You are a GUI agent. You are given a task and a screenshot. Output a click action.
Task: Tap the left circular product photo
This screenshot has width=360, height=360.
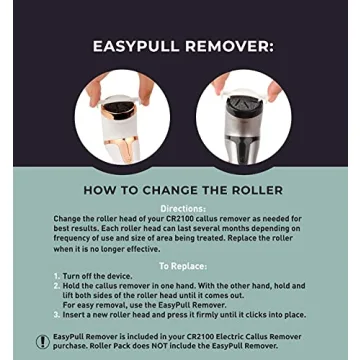(x=122, y=119)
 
